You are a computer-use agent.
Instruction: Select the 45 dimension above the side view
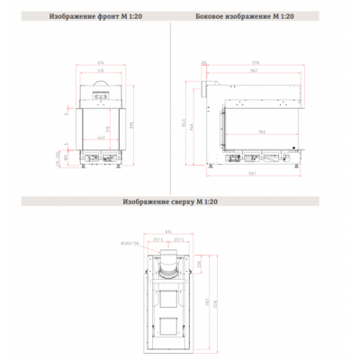(x=203, y=61)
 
